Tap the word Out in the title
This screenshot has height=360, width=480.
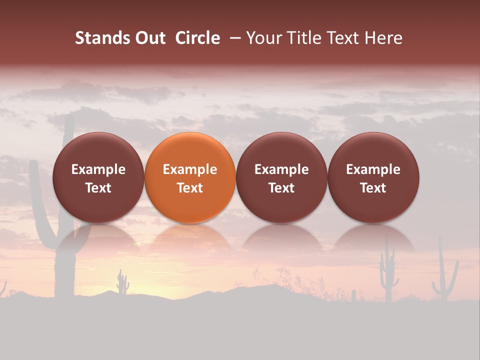pos(149,38)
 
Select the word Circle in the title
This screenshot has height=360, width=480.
pos(197,38)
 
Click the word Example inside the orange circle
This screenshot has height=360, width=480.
pos(190,169)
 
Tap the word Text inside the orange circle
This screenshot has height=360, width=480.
pos(190,188)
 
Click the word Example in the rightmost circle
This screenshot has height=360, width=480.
pos(373,169)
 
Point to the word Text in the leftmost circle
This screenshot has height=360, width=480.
pos(98,188)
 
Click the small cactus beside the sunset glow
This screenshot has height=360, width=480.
pos(122,283)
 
